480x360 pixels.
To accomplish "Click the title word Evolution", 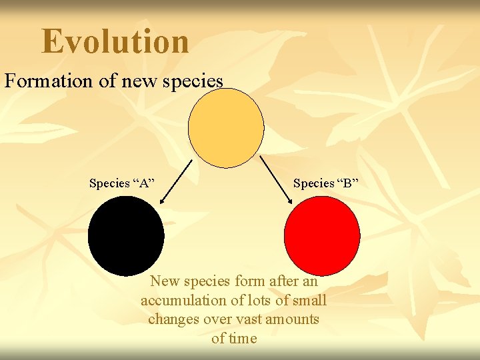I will (x=115, y=41).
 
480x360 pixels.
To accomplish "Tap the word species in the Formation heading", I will (x=193, y=81).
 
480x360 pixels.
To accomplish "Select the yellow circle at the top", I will (x=226, y=128).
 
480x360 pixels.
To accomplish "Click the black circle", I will (x=125, y=235).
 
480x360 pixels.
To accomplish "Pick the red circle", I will (x=322, y=235).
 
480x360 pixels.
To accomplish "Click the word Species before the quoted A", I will (x=109, y=183).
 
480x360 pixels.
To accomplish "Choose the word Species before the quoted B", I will (x=313, y=183).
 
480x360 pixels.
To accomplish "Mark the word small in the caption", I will (x=308, y=301).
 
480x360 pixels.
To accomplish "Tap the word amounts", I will (x=293, y=319).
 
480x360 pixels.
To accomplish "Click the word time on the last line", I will (x=243, y=338).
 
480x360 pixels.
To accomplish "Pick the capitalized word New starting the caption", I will (x=164, y=281).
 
